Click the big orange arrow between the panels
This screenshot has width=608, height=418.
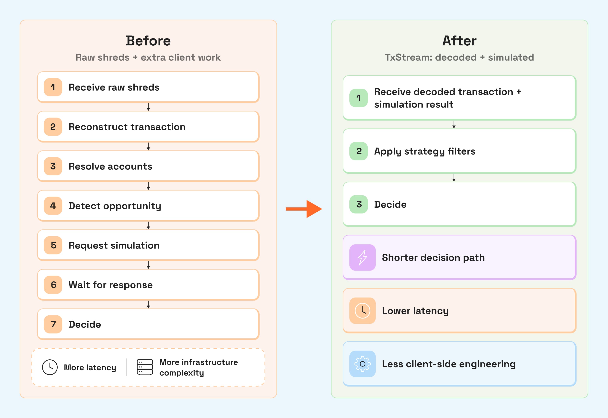coord(304,209)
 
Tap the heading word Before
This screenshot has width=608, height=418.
coord(148,41)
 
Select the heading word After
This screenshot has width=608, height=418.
coord(459,41)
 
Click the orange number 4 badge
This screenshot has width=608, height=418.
coord(53,206)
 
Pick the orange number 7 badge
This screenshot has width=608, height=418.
coord(53,324)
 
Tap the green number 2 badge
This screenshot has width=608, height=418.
coord(359,151)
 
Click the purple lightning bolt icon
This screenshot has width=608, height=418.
coord(363,257)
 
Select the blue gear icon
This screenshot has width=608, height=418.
coord(363,364)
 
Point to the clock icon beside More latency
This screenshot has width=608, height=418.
coord(50,367)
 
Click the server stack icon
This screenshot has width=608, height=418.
coord(145,367)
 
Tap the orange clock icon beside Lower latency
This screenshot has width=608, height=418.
coord(363,311)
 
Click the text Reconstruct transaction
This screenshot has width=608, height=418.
coord(127,127)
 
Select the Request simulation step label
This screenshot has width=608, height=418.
coord(114,246)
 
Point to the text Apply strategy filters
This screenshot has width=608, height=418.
coord(424,151)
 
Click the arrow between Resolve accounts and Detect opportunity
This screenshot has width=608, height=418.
coord(148,186)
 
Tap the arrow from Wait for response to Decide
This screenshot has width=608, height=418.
coord(148,304)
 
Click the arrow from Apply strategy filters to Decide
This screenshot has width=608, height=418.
coord(454,178)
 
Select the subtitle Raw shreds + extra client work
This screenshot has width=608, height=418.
coord(148,57)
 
